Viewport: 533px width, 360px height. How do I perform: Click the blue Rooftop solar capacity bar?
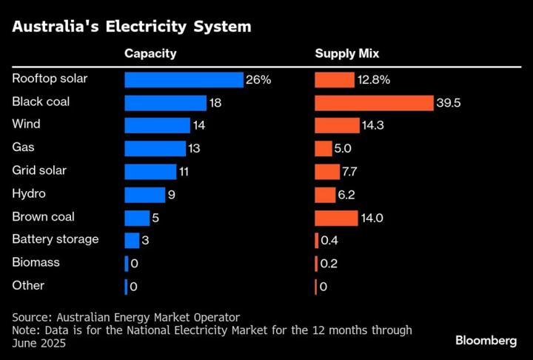click(x=184, y=79)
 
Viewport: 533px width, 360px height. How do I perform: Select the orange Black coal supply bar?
click(x=374, y=102)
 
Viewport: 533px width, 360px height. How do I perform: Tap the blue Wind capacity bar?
click(x=158, y=125)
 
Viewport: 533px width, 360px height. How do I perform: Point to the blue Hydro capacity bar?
click(x=144, y=194)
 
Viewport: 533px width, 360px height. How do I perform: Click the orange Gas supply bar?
click(x=323, y=148)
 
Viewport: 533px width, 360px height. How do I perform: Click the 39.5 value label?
click(x=449, y=103)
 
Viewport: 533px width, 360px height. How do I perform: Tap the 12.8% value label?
click(x=354, y=79)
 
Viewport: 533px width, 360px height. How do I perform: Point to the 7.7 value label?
click(x=350, y=172)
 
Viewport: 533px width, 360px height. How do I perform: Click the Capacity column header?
click(x=150, y=53)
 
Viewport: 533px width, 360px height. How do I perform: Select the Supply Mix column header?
click(x=347, y=53)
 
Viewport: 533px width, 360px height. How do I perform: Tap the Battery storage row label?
click(x=56, y=239)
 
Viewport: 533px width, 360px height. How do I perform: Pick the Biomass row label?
click(x=36, y=262)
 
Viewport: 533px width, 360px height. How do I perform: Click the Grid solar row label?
click(x=39, y=170)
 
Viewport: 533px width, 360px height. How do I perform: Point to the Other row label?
click(x=29, y=285)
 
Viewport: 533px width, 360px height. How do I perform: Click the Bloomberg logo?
click(x=486, y=340)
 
